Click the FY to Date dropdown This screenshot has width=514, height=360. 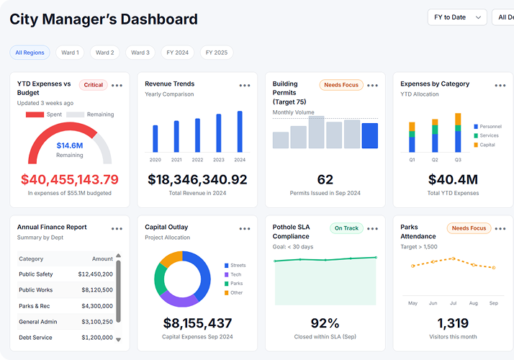point(457,17)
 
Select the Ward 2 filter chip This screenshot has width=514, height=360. point(104,53)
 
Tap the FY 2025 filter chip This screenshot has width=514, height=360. point(216,53)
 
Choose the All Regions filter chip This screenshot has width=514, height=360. point(30,53)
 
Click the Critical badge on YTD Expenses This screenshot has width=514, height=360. point(94,85)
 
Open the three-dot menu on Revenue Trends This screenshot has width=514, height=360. point(244,86)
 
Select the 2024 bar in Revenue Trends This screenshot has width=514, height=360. point(240,131)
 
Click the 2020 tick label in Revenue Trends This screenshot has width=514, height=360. point(155,160)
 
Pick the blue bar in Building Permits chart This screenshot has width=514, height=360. point(369,135)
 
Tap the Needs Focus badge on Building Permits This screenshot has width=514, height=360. point(341,85)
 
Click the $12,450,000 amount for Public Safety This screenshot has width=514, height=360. point(95,274)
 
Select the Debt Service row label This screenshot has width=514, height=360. point(35,338)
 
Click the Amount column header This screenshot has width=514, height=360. point(102,258)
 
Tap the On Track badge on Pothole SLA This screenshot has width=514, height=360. point(346,228)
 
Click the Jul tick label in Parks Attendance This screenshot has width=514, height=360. point(453,303)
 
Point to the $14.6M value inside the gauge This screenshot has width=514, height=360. point(70,145)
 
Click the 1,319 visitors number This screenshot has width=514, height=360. point(453,323)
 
